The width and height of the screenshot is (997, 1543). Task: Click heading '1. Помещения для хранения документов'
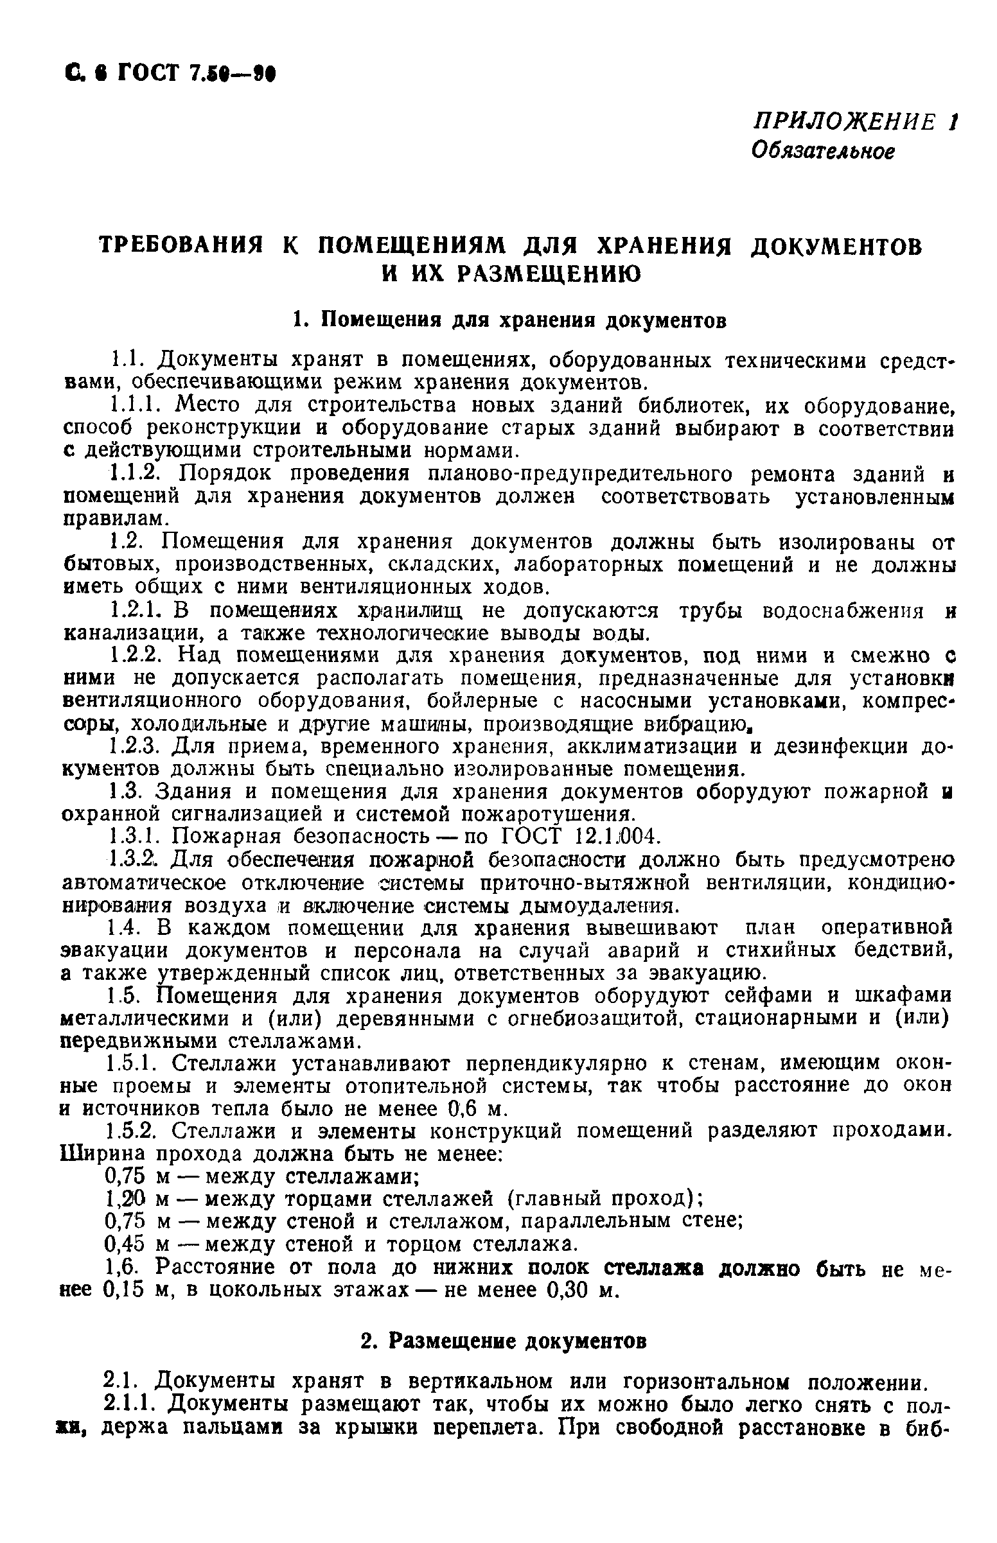coord(509,320)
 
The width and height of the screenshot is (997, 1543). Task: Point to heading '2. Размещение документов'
coord(503,1342)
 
